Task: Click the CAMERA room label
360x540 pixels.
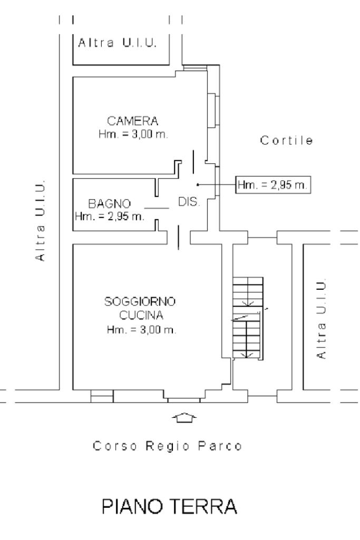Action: click(133, 121)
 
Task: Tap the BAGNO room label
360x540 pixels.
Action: click(110, 203)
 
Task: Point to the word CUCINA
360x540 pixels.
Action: click(141, 316)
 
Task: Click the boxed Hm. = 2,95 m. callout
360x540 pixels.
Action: click(273, 185)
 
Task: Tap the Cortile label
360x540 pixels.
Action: click(287, 141)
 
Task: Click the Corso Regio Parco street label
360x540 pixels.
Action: click(168, 446)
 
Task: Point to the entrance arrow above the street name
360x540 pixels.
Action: click(184, 418)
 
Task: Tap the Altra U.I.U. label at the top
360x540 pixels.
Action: click(118, 43)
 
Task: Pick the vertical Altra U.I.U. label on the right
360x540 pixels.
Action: click(322, 319)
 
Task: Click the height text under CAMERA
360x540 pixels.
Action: click(133, 134)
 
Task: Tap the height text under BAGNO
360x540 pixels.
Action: click(110, 216)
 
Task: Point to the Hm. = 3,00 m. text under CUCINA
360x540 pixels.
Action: click(141, 330)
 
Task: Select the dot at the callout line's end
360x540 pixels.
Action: click(198, 185)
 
